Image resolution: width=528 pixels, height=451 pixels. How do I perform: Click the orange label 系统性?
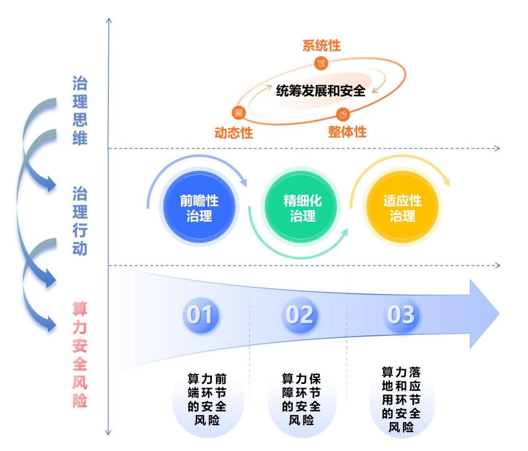[x=322, y=46]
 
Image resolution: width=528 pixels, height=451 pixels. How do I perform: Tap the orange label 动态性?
[x=234, y=133]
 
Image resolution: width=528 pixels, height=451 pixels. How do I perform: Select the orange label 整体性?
[x=347, y=131]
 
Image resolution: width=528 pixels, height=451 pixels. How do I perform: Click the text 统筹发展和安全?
[x=320, y=91]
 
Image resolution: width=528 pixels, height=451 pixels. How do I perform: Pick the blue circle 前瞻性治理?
[x=199, y=208]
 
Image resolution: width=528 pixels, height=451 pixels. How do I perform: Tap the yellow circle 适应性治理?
[x=402, y=208]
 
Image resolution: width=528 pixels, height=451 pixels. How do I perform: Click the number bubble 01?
[x=200, y=315]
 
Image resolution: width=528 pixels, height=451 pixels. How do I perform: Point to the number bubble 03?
[x=400, y=315]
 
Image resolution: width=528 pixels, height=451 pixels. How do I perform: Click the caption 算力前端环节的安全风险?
[x=208, y=400]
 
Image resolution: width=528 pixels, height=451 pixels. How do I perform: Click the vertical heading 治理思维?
[x=80, y=111]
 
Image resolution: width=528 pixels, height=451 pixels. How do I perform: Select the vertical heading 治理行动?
[x=80, y=221]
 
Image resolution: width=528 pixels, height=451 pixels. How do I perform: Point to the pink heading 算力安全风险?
[x=80, y=353]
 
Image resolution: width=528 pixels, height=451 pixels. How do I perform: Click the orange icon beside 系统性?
[x=322, y=64]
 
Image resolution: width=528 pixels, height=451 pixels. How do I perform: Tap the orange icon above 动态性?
[x=239, y=113]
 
